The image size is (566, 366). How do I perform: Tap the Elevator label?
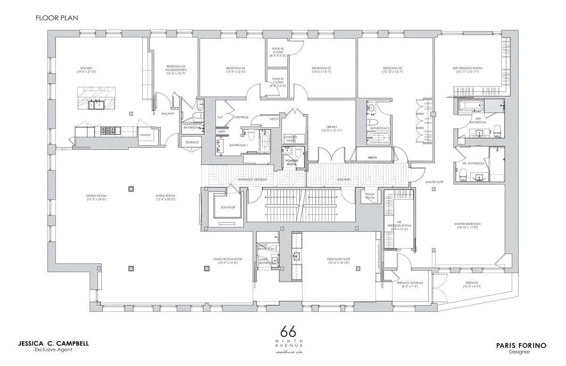pyautogui.click(x=224, y=207)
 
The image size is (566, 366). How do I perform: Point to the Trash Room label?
pyautogui.click(x=370, y=196)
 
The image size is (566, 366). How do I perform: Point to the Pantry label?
pyautogui.click(x=145, y=135)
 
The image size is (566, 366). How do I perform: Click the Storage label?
pyautogui.click(x=192, y=142)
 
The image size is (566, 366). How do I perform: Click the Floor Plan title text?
pyautogui.click(x=56, y=18)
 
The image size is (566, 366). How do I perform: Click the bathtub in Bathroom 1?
pyautogui.click(x=264, y=141)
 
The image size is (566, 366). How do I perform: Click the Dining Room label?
pyautogui.click(x=96, y=197)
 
